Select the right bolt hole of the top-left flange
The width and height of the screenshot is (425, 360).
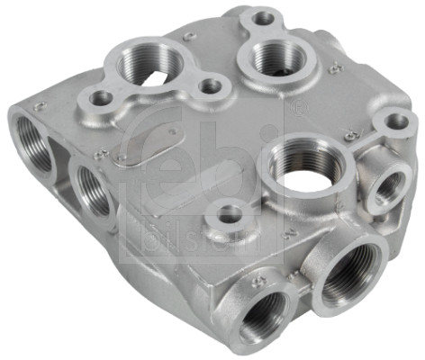pyautogui.click(x=212, y=86)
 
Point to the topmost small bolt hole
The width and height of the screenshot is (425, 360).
pyautogui.click(x=263, y=17)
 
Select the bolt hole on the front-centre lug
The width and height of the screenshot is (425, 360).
pyautogui.click(x=231, y=214)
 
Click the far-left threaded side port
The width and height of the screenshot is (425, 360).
pyautogui.click(x=35, y=144)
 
